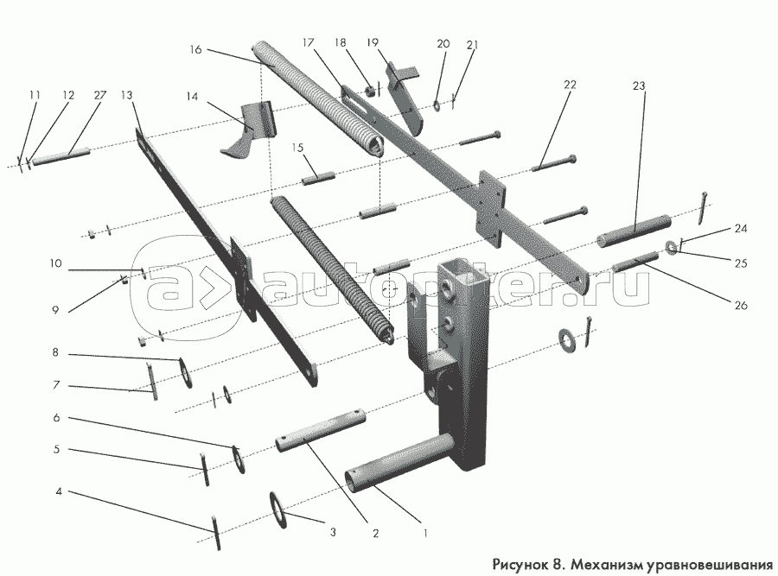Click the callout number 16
click(195, 49)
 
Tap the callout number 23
click(639, 85)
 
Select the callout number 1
click(424, 533)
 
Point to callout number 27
click(99, 94)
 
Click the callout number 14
click(192, 96)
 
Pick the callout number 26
click(740, 305)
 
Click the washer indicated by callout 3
click(279, 510)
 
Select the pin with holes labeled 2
click(321, 430)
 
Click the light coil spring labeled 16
click(317, 99)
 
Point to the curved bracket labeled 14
click(247, 131)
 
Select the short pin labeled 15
click(318, 178)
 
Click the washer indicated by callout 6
click(239, 459)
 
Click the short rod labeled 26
click(635, 262)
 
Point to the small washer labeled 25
click(672, 247)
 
